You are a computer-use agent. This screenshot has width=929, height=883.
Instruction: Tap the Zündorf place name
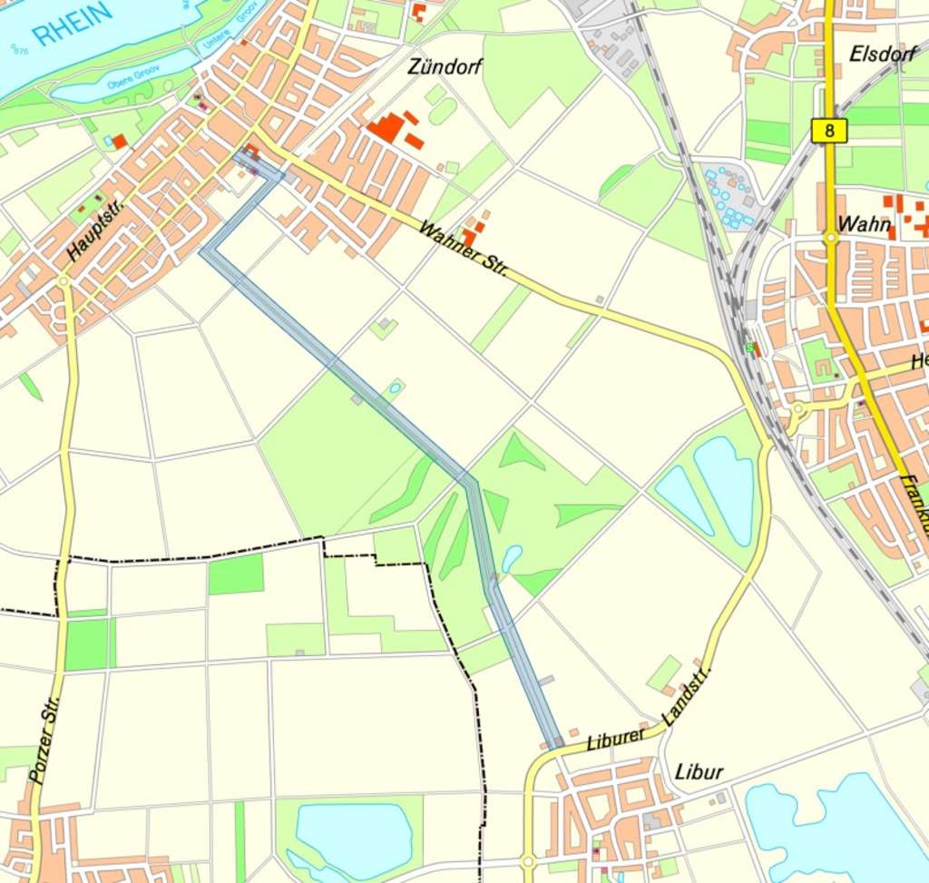tap(445, 66)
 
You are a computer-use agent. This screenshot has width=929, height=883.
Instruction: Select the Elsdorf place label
tap(884, 54)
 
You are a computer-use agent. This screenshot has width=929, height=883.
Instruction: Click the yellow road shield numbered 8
tap(829, 131)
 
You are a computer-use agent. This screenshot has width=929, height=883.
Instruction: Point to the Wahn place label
tap(863, 223)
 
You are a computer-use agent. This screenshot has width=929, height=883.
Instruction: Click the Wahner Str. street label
tap(462, 249)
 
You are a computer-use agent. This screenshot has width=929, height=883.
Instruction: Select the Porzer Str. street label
tap(44, 740)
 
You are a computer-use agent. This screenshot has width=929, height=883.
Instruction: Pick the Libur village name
tap(699, 771)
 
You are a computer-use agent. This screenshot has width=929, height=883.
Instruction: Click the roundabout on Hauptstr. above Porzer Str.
tap(64, 282)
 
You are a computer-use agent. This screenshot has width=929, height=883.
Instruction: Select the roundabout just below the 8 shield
tap(830, 239)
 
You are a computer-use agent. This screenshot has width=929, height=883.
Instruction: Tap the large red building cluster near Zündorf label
tap(388, 128)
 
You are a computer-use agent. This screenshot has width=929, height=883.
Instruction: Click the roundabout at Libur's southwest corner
tap(527, 859)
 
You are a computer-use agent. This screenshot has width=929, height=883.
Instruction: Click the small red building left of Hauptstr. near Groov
tap(119, 142)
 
